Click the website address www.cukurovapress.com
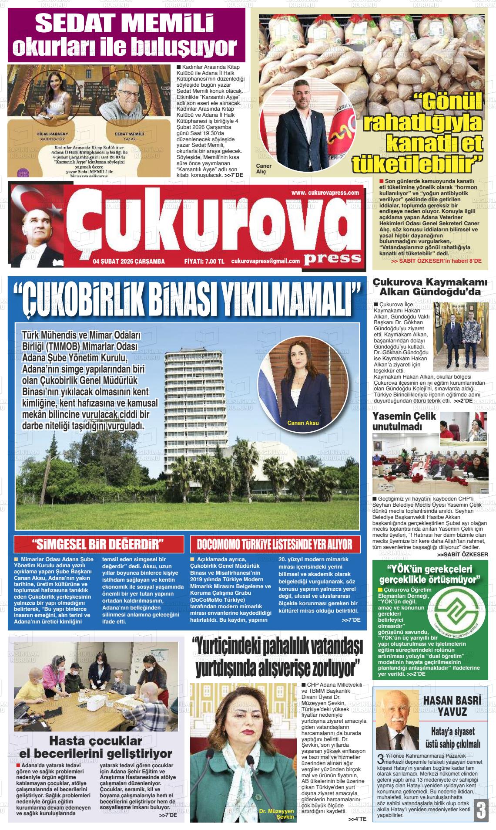[325, 193]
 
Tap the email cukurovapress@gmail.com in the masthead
[265, 261]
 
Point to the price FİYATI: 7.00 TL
[204, 261]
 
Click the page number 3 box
[481, 810]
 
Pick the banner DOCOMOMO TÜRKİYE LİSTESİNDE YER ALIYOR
[275, 544]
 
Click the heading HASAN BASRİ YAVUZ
[452, 706]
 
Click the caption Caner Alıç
[264, 169]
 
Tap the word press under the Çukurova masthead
[332, 257]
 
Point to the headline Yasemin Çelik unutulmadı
[404, 420]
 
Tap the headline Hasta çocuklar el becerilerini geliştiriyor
[96, 747]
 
